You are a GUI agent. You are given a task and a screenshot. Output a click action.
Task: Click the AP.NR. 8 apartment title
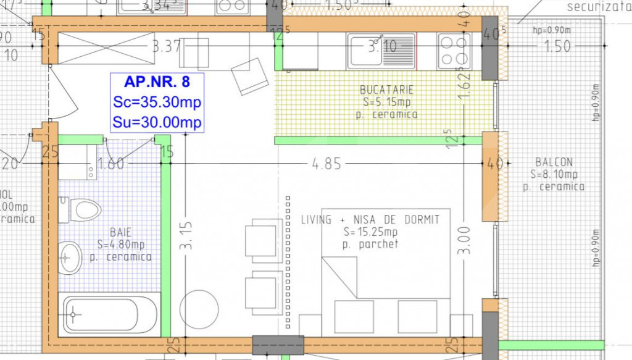coord(157,82)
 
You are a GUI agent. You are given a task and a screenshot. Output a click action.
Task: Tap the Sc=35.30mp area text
coord(157,102)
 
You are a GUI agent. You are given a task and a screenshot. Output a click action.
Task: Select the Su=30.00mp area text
coord(157,122)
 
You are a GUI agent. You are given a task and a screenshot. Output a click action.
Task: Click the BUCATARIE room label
coord(386,90)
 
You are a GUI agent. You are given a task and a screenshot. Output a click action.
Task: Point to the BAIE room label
coord(120,232)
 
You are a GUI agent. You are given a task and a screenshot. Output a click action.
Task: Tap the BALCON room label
coord(554,162)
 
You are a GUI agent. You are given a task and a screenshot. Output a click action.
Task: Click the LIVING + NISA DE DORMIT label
coord(370,220)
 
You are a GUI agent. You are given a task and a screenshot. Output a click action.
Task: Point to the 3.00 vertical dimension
coord(465,240)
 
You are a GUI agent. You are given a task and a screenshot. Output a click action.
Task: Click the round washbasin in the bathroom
coord(71,257)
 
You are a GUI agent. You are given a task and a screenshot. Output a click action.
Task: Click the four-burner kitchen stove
coord(455,51)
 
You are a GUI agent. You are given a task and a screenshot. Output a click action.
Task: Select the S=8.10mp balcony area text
coord(554,174)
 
